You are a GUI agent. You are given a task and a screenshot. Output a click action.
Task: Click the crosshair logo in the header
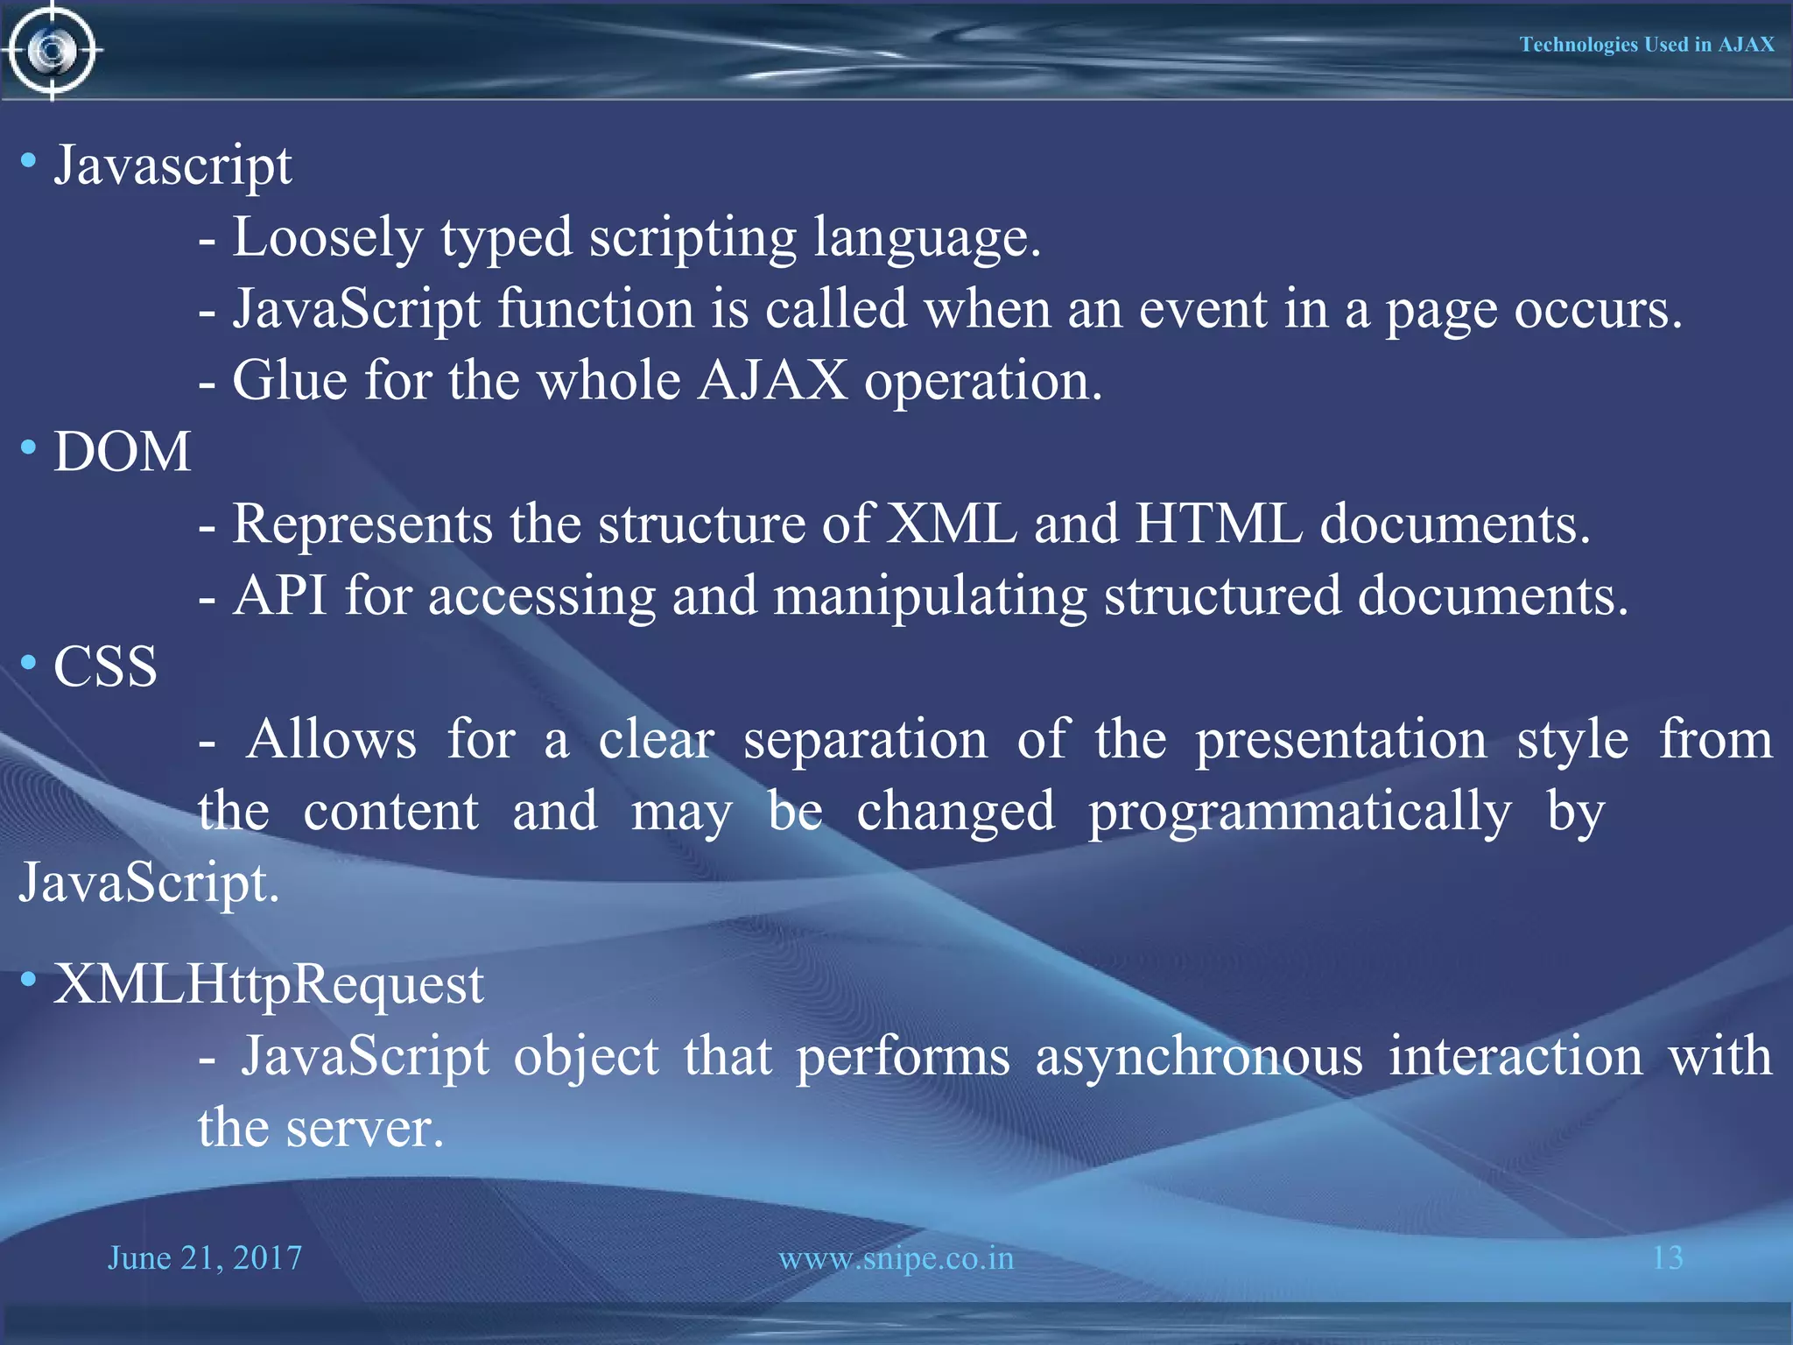(53, 51)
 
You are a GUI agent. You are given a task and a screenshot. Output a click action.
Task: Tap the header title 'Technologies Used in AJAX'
(1646, 45)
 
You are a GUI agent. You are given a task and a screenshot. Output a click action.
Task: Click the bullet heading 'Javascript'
(172, 166)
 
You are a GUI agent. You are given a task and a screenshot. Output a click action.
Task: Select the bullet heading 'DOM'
(123, 453)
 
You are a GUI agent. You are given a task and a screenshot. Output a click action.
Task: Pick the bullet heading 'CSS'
(106, 667)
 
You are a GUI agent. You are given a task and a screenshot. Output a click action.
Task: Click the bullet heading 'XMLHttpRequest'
(268, 984)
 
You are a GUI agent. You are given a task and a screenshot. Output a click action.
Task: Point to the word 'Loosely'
(327, 238)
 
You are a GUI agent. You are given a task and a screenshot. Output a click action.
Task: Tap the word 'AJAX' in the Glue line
(772, 382)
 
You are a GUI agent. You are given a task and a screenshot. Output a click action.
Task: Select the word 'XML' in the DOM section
(952, 525)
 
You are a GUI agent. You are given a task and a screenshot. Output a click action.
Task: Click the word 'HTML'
(1219, 525)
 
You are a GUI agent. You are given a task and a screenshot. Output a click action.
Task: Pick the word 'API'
(280, 596)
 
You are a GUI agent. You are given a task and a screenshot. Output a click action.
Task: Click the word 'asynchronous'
(1199, 1057)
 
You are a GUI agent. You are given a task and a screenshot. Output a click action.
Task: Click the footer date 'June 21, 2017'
(205, 1258)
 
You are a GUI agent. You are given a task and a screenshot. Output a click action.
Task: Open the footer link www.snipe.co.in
(896, 1258)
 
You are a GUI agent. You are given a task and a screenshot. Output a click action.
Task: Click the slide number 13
(1667, 1258)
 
